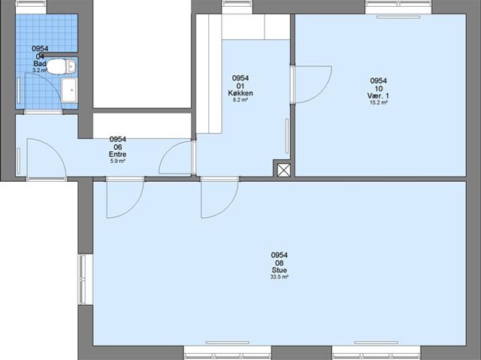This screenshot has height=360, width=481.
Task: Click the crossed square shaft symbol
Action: tap(283, 170)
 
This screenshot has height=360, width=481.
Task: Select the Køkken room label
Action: tap(240, 93)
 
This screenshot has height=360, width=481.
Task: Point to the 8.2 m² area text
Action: tap(240, 100)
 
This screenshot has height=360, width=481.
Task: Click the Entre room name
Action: tap(117, 154)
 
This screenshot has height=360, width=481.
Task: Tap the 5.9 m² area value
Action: tap(117, 161)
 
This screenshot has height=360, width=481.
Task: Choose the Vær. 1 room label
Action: tap(378, 95)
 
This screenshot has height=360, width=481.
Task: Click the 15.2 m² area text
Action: tap(378, 102)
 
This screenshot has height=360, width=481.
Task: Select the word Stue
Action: tap(280, 271)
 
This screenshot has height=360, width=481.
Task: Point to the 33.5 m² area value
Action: tap(280, 277)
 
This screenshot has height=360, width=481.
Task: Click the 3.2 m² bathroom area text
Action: tap(40, 70)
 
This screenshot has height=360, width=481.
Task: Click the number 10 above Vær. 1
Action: tap(378, 88)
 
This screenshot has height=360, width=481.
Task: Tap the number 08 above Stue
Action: tap(280, 263)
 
